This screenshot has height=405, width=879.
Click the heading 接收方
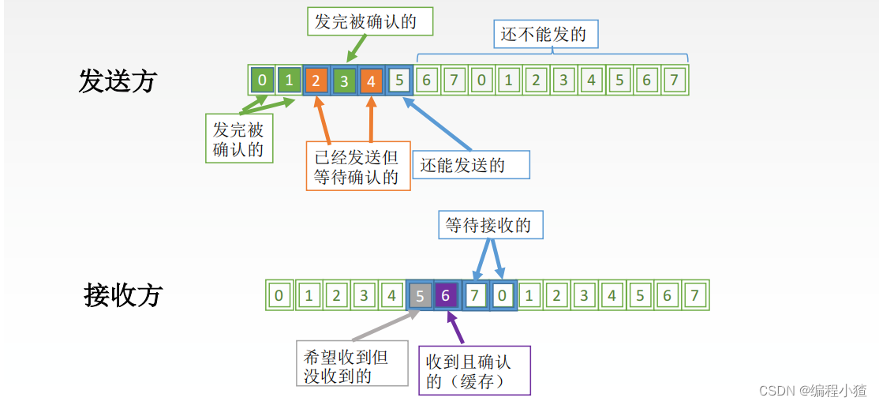(x=122, y=295)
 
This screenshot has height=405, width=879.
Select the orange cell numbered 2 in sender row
(x=316, y=80)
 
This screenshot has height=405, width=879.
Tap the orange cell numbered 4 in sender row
(x=372, y=80)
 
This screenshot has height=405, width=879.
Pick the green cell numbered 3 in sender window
(x=344, y=80)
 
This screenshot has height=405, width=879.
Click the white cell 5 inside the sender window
(x=399, y=80)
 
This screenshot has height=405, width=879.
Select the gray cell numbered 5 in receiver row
(x=419, y=295)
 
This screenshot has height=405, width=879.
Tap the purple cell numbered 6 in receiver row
(x=447, y=295)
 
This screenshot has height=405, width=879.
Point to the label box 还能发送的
(x=470, y=165)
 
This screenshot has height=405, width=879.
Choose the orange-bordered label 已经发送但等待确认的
(x=358, y=166)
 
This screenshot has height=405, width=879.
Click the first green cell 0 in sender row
(x=262, y=80)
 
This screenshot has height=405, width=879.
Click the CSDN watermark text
(x=813, y=390)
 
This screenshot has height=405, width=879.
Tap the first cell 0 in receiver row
(x=279, y=295)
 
